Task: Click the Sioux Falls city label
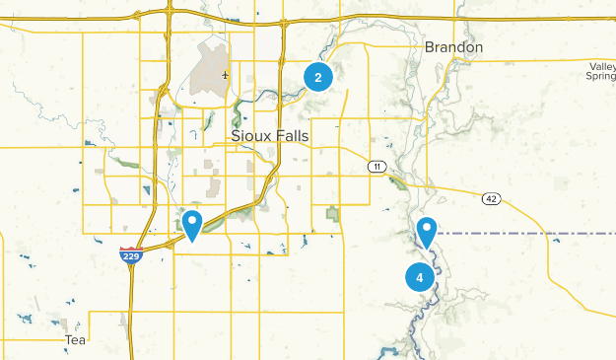point(270,136)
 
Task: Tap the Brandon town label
point(453,47)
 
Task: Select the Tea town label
point(75,339)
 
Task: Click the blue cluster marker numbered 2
point(318,76)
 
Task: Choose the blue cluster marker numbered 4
point(420,277)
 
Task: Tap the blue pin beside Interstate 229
point(192,224)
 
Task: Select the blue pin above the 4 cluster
point(427,231)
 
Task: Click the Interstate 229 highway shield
point(130,256)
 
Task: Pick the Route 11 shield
point(376,167)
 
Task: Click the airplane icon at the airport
point(227,74)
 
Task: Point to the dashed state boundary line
point(522,234)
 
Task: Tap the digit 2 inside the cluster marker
point(318,76)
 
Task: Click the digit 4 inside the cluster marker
point(420,277)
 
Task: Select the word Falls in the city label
point(293,136)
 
